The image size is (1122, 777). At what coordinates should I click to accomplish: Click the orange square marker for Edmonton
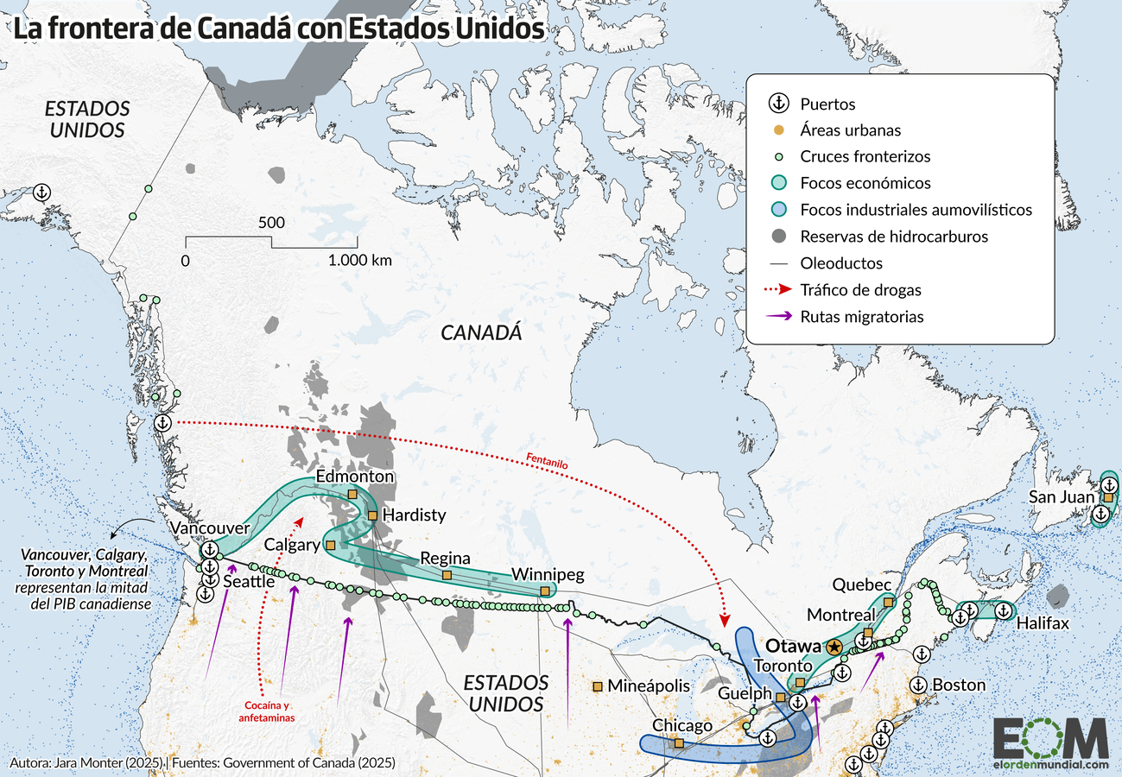[352, 494]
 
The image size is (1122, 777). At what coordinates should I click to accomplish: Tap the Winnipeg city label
[548, 574]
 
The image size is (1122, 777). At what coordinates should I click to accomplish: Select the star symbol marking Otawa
[834, 647]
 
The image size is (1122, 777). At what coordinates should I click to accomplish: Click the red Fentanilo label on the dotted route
[546, 461]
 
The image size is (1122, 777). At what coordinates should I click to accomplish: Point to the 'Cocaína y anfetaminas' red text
[268, 711]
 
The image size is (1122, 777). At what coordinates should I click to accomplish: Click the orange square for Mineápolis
[597, 686]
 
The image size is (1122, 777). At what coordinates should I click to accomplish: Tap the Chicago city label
[681, 725]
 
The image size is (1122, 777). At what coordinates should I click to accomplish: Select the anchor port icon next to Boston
[919, 685]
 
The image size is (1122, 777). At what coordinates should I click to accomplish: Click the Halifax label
[1043, 623]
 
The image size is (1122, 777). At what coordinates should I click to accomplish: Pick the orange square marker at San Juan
[1108, 497]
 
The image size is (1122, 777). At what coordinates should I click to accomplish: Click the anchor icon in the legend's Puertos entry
[779, 104]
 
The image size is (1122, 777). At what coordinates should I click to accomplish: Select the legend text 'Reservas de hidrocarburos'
[894, 237]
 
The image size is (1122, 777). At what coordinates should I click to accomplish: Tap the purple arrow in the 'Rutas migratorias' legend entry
[779, 316]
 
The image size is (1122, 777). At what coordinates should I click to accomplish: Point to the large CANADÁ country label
[481, 332]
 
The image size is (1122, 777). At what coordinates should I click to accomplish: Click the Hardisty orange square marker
[372, 515]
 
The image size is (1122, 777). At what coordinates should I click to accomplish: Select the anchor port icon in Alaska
[41, 193]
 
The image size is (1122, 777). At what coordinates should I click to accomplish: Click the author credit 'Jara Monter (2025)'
[111, 763]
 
